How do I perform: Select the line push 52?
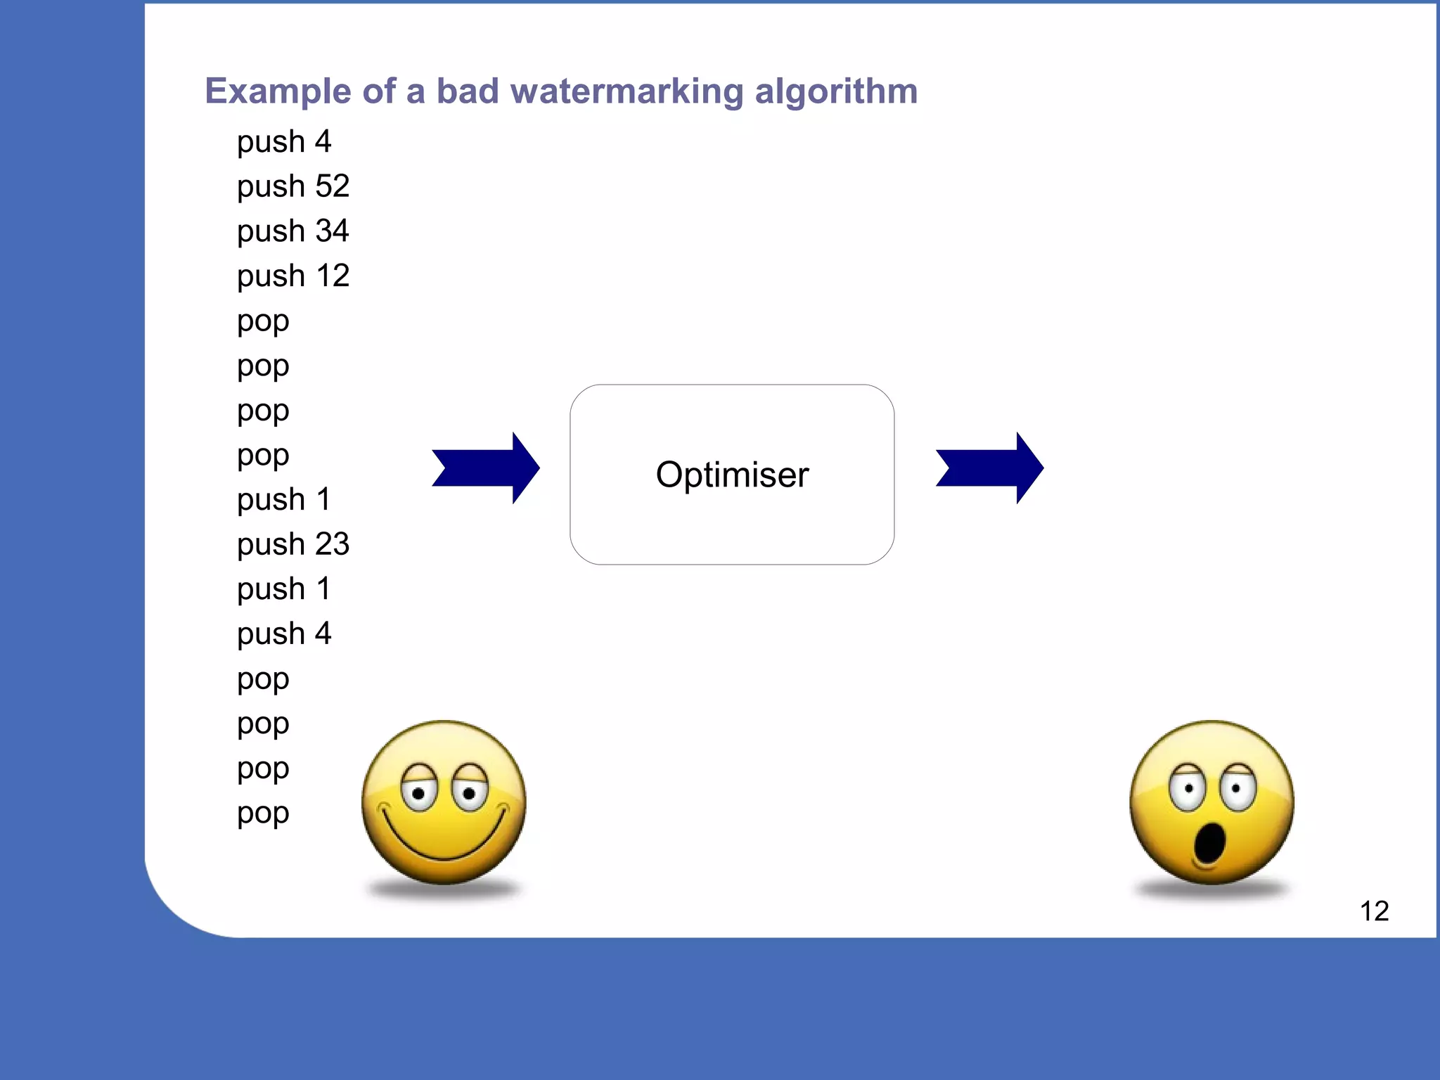(x=292, y=186)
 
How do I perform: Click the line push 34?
(x=292, y=231)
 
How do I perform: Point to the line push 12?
(x=292, y=276)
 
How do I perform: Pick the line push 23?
(x=292, y=544)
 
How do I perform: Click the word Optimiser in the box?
(x=732, y=475)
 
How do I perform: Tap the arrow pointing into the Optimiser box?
(x=486, y=468)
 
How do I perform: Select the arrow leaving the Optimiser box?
(x=989, y=468)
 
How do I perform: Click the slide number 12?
(x=1374, y=911)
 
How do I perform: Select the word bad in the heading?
(x=468, y=91)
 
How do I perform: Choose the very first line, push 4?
(x=283, y=142)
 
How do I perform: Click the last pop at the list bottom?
(x=263, y=814)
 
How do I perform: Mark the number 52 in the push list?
(x=332, y=186)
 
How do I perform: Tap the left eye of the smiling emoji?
(x=419, y=792)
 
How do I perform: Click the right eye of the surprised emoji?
(x=1237, y=788)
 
